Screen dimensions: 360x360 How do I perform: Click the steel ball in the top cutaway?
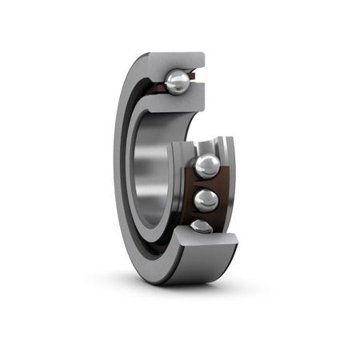pyautogui.click(x=178, y=81)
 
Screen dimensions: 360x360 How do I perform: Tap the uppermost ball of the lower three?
pyautogui.click(x=208, y=166)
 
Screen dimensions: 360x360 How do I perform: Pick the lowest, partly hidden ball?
pyautogui.click(x=203, y=226)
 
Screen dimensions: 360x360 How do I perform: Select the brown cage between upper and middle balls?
pyautogui.click(x=210, y=183)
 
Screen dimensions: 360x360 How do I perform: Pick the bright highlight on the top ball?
pyautogui.click(x=174, y=78)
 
